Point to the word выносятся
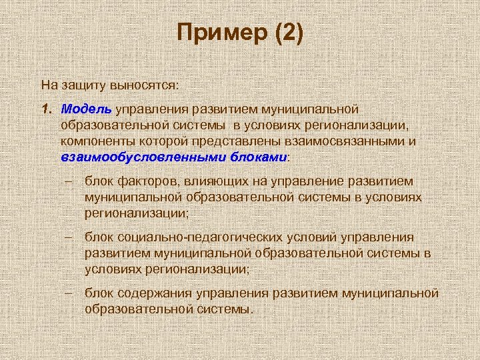click(146, 85)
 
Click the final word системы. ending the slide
click(223, 309)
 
